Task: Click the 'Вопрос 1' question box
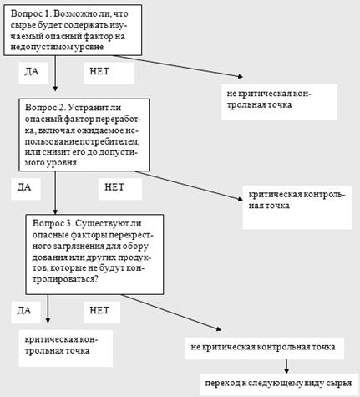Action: click(73, 30)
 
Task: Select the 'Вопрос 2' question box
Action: click(84, 135)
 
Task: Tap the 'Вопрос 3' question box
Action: click(94, 254)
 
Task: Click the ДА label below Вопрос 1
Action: click(33, 72)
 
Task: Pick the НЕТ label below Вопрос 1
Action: click(109, 72)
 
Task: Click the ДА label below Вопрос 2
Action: click(26, 188)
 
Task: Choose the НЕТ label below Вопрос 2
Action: click(120, 188)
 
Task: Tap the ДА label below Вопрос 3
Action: click(26, 312)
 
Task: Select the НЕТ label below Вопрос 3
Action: click(102, 312)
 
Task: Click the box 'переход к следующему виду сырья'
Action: click(279, 384)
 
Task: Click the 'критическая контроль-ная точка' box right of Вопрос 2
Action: click(297, 207)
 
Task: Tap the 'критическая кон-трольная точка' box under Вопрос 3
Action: click(66, 349)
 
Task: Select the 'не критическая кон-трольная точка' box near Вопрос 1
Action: click(280, 102)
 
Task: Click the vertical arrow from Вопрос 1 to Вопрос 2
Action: click(55, 74)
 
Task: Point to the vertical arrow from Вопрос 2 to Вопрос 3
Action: click(55, 192)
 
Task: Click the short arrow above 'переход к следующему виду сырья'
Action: click(286, 366)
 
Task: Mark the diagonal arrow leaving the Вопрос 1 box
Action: click(178, 66)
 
